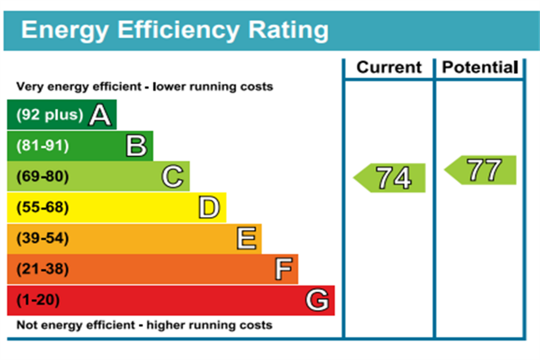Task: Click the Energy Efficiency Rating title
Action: [175, 31]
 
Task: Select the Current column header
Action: [389, 67]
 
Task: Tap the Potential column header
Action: [480, 67]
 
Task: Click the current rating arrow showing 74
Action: [390, 178]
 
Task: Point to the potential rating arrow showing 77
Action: [480, 170]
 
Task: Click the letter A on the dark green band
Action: [100, 115]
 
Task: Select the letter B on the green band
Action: [137, 146]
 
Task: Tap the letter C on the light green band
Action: [172, 177]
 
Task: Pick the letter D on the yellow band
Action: [209, 208]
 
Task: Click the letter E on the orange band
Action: [247, 238]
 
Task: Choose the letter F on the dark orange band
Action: [284, 269]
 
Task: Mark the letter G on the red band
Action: [317, 300]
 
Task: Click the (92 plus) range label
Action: [50, 114]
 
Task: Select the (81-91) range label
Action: [43, 145]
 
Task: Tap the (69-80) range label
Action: [43, 176]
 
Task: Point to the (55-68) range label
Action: [43, 207]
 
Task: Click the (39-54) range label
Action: [43, 238]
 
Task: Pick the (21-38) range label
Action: [43, 269]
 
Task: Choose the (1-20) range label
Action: [38, 299]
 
